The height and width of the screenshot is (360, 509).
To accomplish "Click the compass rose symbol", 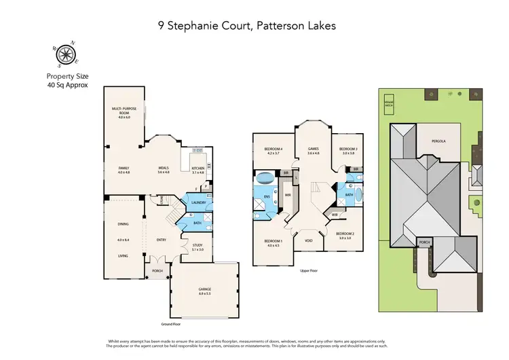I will click(66, 54).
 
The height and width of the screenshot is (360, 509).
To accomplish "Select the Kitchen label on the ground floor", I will click(197, 168).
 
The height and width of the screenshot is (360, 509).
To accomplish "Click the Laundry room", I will click(199, 203).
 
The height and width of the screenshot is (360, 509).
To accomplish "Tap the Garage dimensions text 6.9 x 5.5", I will click(204, 293).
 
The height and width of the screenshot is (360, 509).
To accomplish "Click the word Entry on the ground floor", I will click(161, 240).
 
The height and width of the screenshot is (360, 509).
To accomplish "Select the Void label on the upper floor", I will click(308, 240).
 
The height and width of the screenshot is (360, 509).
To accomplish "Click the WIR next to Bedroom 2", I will click(335, 215).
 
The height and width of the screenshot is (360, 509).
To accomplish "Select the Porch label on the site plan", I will click(426, 240).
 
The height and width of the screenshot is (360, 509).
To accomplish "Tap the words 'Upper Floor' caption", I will click(309, 270).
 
